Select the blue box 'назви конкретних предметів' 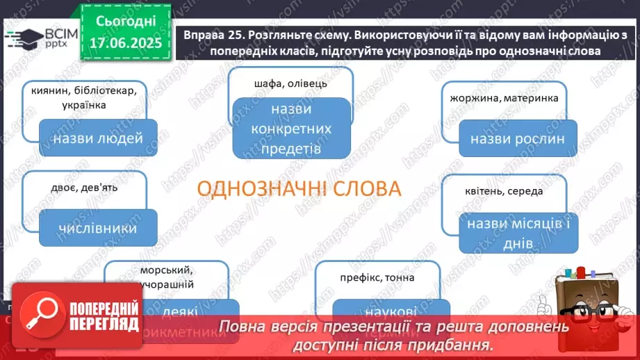click(x=291, y=129)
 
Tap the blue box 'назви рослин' click(x=518, y=138)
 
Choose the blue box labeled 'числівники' click(x=97, y=228)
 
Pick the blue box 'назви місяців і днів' click(x=518, y=234)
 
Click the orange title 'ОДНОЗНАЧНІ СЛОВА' click(x=300, y=189)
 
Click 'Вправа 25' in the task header click(x=207, y=35)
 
